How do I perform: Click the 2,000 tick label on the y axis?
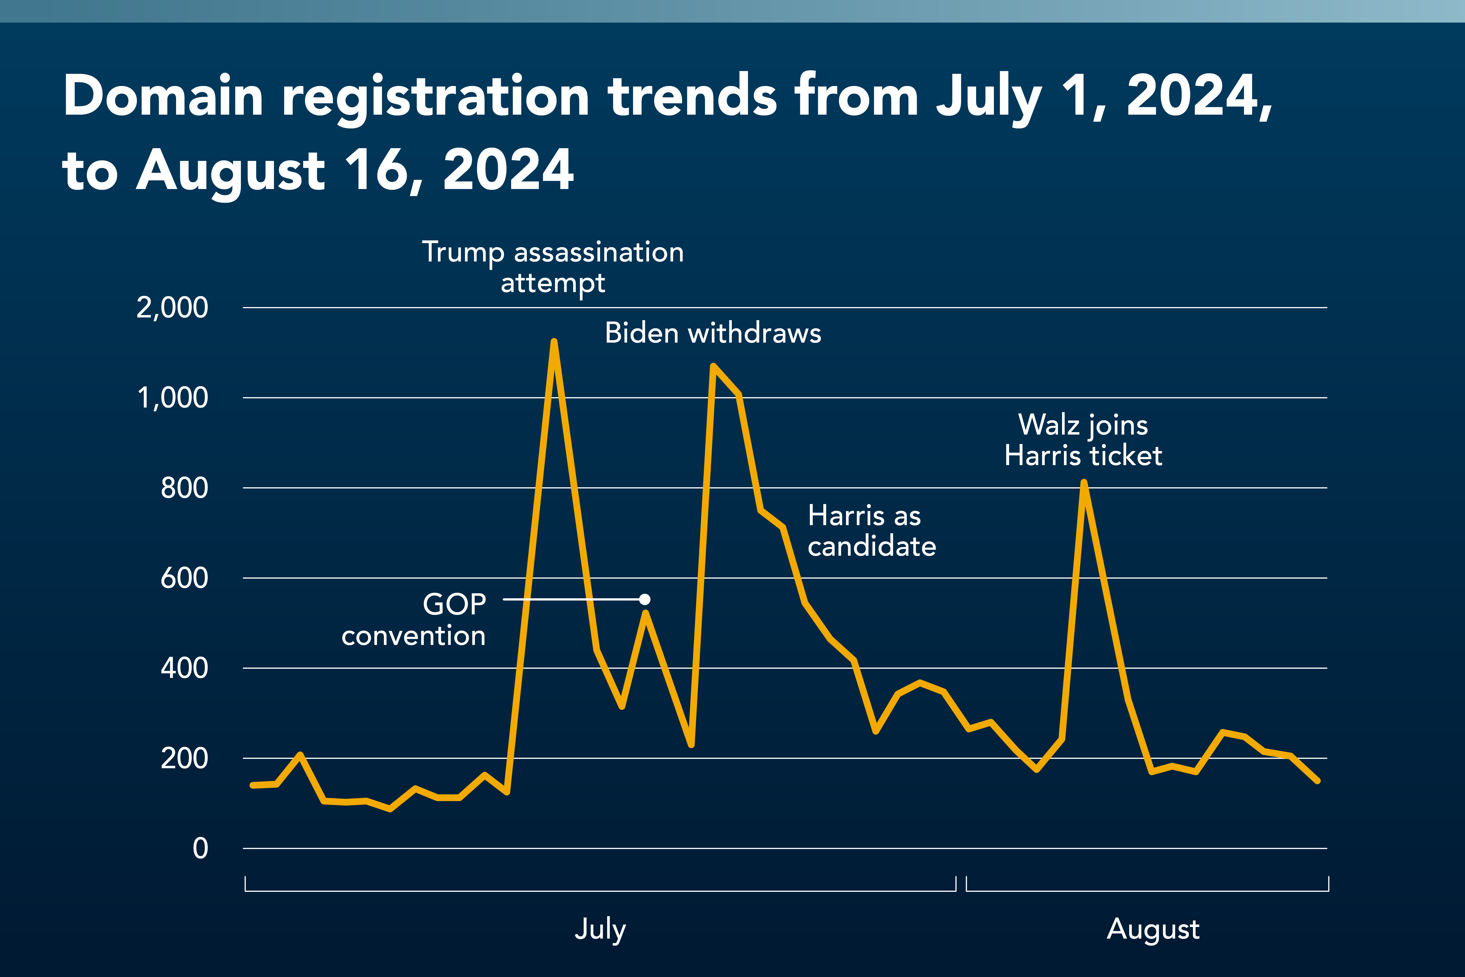tap(172, 308)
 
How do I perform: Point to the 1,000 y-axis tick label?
tap(172, 398)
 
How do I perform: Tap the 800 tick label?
tap(184, 488)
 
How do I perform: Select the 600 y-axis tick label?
tap(184, 578)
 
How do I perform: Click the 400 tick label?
tap(184, 668)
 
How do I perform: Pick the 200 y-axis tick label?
tap(184, 758)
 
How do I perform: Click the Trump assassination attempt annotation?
tap(553, 267)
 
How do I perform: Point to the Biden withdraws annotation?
tap(713, 333)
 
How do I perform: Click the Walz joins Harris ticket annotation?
tap(1083, 440)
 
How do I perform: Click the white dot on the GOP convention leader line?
tap(645, 600)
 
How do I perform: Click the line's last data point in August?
tap(1317, 781)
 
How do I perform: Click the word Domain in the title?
tap(163, 97)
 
